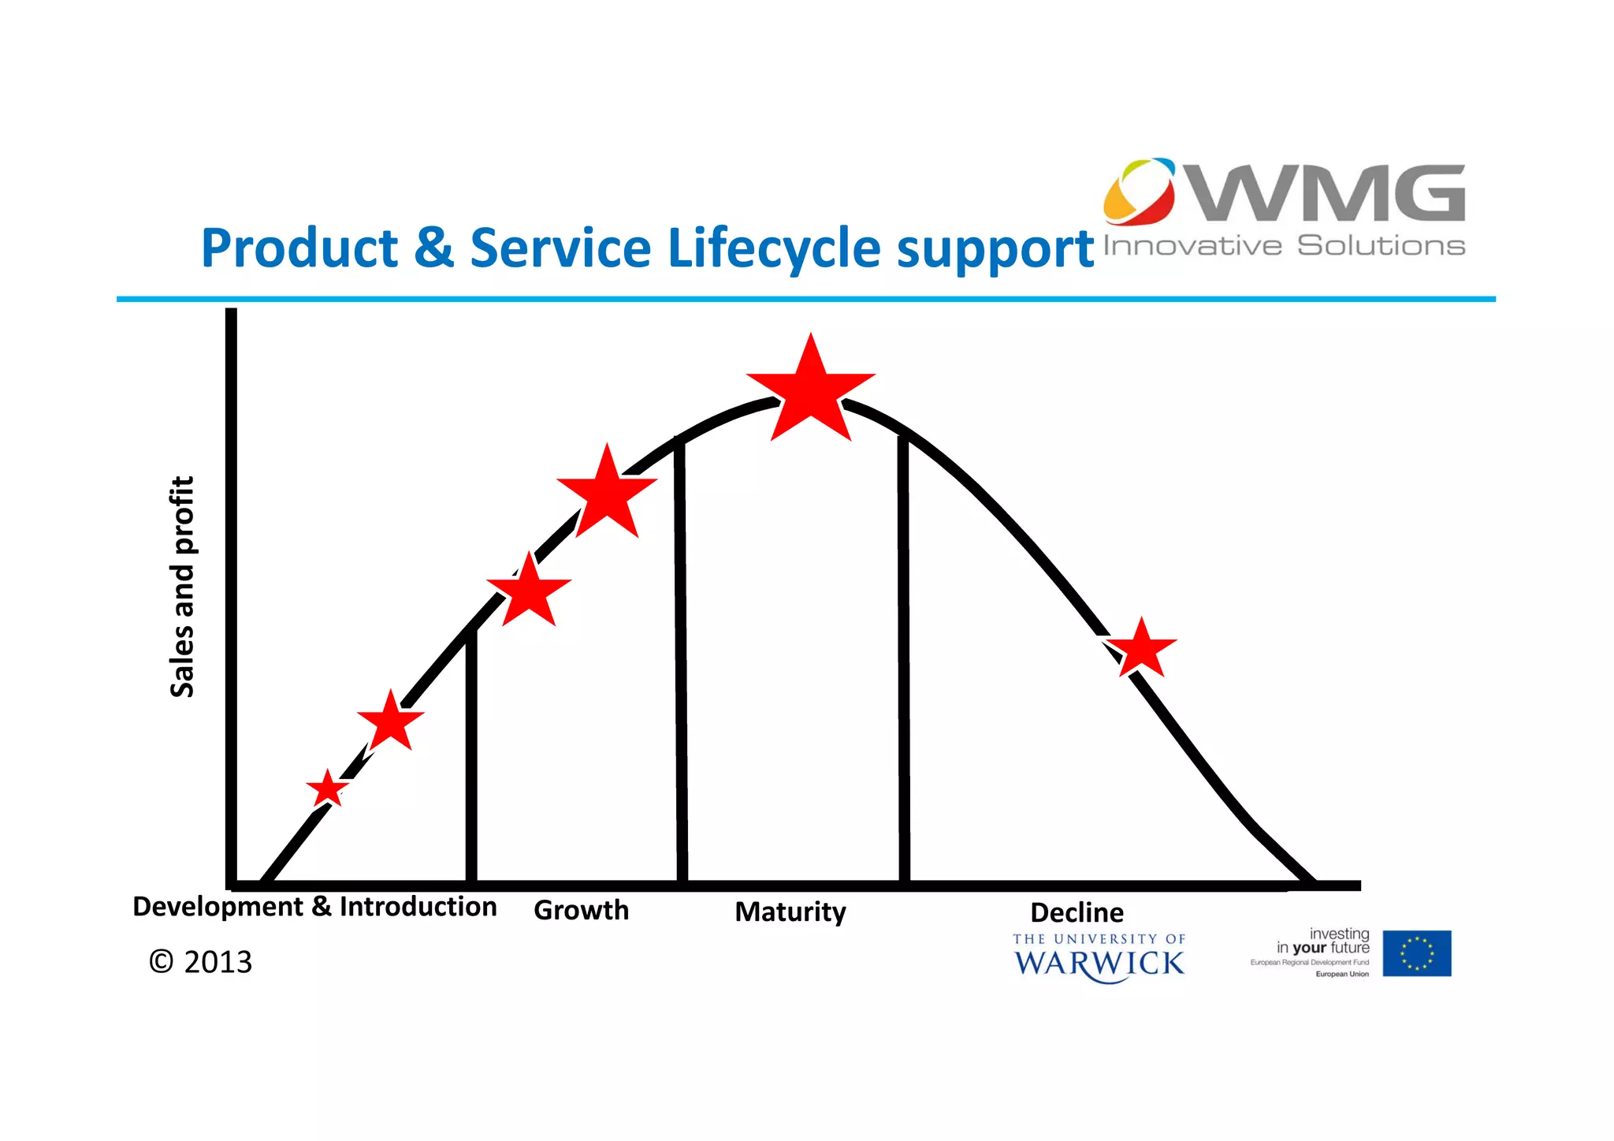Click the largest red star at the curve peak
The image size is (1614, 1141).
(x=811, y=392)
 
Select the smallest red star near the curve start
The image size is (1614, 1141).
(x=328, y=789)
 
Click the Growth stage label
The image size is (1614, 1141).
(x=582, y=910)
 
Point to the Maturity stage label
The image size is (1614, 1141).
(x=790, y=912)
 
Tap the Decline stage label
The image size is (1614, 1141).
(x=1077, y=912)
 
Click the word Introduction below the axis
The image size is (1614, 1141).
(x=418, y=906)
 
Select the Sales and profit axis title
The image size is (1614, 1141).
(x=182, y=587)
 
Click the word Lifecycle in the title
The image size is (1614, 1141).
(x=773, y=248)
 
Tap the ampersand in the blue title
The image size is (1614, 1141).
(x=433, y=248)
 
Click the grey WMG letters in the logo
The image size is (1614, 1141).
(x=1328, y=193)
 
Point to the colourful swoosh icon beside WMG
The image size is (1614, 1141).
(x=1140, y=191)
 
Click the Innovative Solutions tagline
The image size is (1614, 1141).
(x=1284, y=246)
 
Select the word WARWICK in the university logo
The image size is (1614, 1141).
(x=1099, y=964)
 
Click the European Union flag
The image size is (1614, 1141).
(x=1416, y=953)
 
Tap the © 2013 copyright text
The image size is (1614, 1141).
(x=201, y=962)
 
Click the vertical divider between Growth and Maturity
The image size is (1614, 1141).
(x=681, y=662)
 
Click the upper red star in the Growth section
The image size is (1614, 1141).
(x=607, y=494)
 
